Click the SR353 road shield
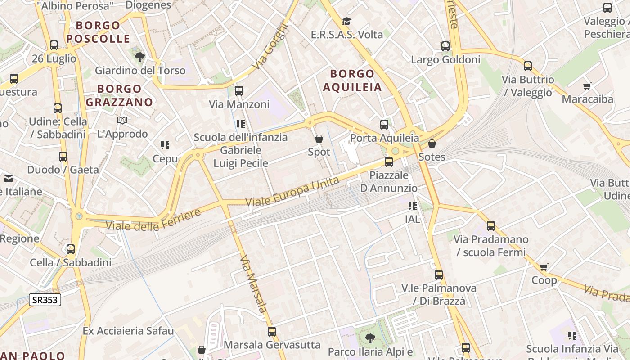pyautogui.click(x=45, y=300)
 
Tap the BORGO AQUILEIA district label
pyautogui.click(x=352, y=80)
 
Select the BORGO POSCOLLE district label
pyautogui.click(x=98, y=32)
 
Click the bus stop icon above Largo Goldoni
pyautogui.click(x=445, y=46)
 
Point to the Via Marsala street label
pyautogui.click(x=253, y=284)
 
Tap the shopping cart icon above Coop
pyautogui.click(x=544, y=267)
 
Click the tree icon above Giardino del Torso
pyautogui.click(x=140, y=57)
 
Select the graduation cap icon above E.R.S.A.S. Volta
pyautogui.click(x=346, y=21)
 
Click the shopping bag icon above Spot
pyautogui.click(x=319, y=139)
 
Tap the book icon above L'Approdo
pyautogui.click(x=122, y=120)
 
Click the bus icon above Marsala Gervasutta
pyautogui.click(x=272, y=332)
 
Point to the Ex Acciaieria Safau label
pyautogui.click(x=128, y=331)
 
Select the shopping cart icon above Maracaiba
pyautogui.click(x=587, y=85)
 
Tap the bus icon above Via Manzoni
pyautogui.click(x=239, y=91)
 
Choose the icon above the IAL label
pyautogui.click(x=412, y=206)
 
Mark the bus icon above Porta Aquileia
pyautogui.click(x=384, y=125)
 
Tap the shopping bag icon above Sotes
pyautogui.click(x=432, y=144)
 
